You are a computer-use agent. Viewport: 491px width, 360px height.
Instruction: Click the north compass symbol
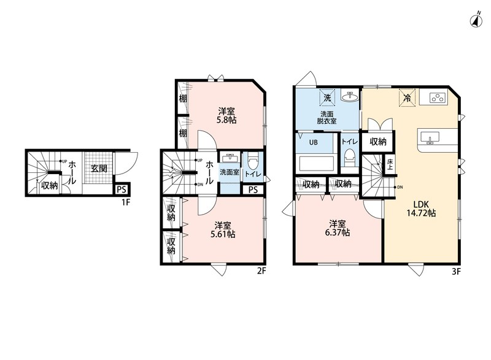point(476,20)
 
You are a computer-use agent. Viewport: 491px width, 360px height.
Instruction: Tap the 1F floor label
point(126,202)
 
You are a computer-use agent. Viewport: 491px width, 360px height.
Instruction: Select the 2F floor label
point(261,271)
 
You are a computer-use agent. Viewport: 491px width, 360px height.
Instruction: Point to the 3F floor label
point(456,272)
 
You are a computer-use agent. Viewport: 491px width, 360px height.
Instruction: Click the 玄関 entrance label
point(99,169)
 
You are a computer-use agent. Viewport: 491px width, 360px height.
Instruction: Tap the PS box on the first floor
point(121,190)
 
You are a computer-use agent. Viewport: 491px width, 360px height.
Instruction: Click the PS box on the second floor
point(253,190)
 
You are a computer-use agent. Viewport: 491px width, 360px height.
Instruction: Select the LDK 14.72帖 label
point(421,209)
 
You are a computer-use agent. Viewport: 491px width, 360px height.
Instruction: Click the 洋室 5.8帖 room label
point(226,115)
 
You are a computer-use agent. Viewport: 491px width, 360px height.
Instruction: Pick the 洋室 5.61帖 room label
point(223,230)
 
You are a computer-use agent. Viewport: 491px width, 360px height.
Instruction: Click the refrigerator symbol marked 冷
point(407,98)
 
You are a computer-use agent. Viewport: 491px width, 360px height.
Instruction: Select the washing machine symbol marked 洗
point(327,98)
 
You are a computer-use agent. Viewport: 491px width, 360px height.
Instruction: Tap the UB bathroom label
point(314,142)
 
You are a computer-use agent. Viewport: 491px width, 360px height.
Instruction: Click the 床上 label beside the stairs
point(390,164)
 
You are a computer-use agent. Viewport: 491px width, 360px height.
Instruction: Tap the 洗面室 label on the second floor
point(229,172)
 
